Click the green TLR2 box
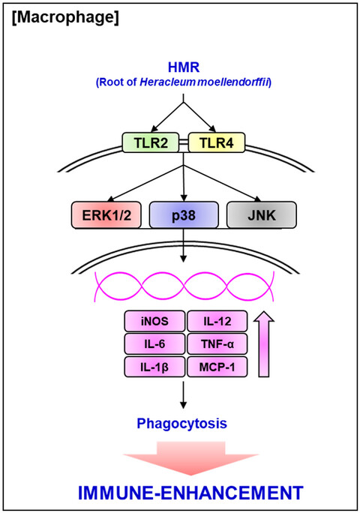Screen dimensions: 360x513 coord(151,142)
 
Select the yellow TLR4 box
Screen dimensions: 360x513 coord(216,142)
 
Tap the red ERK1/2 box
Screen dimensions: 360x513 coord(106,215)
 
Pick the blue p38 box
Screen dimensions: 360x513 coord(184,215)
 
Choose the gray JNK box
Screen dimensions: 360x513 coord(262,215)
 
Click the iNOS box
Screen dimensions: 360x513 coord(154,321)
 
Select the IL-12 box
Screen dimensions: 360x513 coord(217,321)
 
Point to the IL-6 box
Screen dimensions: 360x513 coord(154,343)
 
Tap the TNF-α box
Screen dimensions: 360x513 coord(217,343)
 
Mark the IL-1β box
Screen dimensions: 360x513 coord(154,367)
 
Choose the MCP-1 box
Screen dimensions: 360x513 coord(217,367)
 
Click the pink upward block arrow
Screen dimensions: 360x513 coord(264,344)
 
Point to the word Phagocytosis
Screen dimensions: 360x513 coord(182,423)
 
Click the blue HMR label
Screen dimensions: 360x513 coord(184,67)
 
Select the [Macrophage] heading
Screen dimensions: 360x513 coord(65,17)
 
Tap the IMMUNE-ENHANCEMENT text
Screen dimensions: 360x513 coord(190,493)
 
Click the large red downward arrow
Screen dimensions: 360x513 coord(191,458)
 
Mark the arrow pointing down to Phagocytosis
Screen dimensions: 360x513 coord(183,395)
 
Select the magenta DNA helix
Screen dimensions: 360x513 coord(184,286)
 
